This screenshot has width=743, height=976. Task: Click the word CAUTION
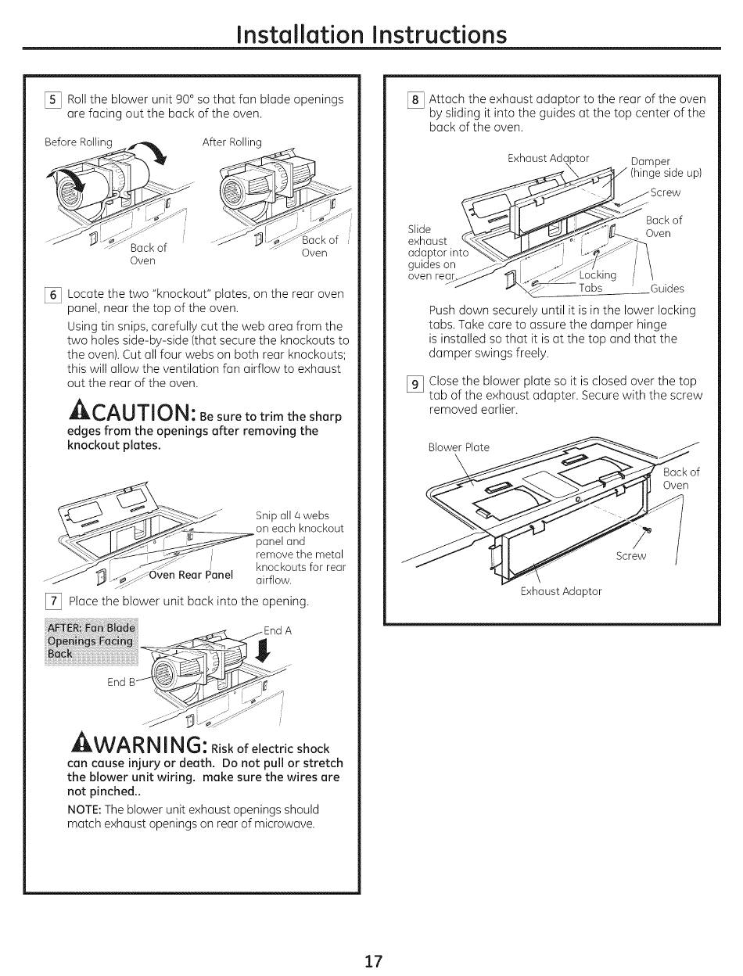click(141, 411)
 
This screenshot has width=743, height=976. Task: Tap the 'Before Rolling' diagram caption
click(78, 142)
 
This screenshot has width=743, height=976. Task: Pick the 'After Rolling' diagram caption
click(232, 142)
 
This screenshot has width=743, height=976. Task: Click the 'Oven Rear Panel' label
click(191, 575)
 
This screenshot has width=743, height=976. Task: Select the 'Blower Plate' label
click(458, 447)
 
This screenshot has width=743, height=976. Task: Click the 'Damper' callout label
click(650, 163)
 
